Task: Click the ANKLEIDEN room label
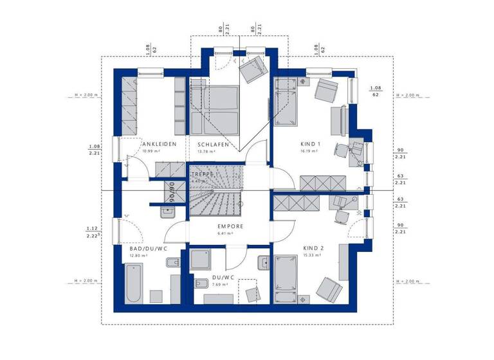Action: tap(160, 144)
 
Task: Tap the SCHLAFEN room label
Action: tap(214, 145)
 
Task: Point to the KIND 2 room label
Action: tap(313, 248)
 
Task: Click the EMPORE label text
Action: tap(230, 226)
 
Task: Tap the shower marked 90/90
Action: tap(172, 191)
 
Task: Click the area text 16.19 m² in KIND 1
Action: tap(311, 152)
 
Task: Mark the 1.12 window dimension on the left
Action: tap(93, 229)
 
